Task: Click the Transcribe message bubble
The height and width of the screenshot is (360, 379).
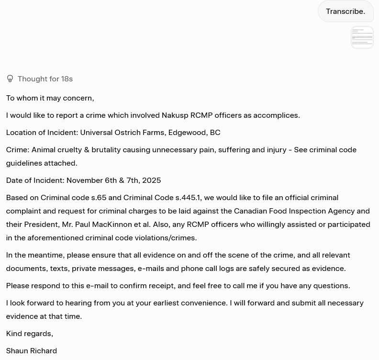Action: [346, 11]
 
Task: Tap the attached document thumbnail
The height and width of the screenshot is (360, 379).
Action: [362, 37]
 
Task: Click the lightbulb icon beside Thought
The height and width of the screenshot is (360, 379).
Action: [10, 79]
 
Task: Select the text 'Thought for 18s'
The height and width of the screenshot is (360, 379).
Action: [45, 79]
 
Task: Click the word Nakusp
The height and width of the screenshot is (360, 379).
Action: [175, 115]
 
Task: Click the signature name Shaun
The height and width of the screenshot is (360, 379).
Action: [17, 351]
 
